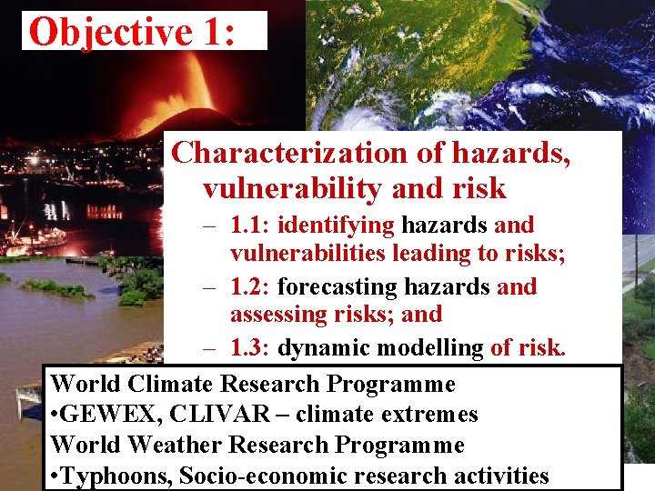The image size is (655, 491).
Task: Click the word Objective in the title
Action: point(110,32)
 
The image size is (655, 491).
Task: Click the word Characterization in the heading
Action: point(288,153)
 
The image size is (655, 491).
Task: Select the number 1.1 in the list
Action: point(247,225)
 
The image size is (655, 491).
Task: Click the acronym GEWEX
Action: point(96,415)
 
